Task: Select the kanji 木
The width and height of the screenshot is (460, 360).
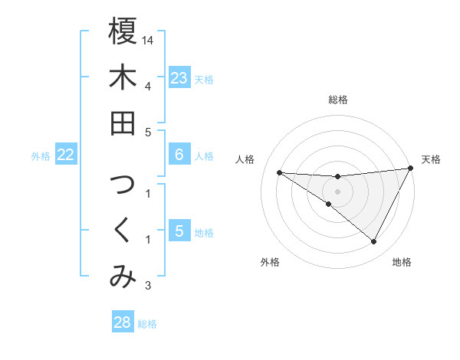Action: tap(123, 77)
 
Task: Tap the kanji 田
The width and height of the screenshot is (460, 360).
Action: tap(123, 123)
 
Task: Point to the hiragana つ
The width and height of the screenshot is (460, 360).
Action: tap(123, 186)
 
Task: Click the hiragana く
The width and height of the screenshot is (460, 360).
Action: tap(123, 233)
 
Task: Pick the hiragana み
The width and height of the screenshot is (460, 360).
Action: tap(123, 278)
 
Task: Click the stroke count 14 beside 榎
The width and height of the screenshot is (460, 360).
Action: tap(149, 39)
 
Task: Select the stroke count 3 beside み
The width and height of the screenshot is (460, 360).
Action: tap(148, 286)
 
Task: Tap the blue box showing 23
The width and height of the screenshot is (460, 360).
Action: tap(179, 77)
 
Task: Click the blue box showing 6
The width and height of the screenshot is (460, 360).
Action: tap(179, 155)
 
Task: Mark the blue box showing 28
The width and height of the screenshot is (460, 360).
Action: tap(123, 322)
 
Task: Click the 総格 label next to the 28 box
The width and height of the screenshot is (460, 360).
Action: tap(147, 324)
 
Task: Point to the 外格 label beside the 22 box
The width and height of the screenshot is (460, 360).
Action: tap(41, 156)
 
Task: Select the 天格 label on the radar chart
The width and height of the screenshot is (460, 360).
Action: tap(431, 159)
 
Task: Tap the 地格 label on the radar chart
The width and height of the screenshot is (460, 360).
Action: tap(402, 262)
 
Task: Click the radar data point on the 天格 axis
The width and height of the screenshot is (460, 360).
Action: tap(411, 169)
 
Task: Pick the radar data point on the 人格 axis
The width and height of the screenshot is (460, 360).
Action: tap(279, 172)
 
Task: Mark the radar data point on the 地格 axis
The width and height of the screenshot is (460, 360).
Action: tap(373, 242)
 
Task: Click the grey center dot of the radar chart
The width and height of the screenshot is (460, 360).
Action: tap(337, 191)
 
